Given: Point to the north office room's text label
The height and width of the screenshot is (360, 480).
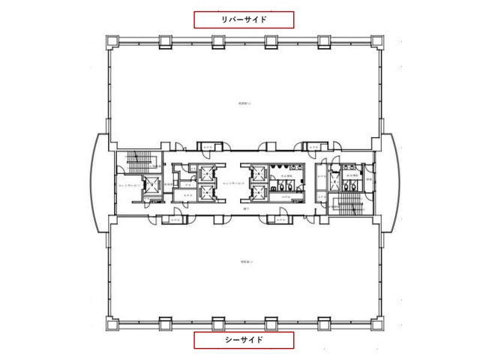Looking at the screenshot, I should [244, 103].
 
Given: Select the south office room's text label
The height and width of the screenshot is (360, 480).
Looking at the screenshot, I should [244, 262].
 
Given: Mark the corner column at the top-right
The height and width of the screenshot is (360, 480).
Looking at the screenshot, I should [378, 40].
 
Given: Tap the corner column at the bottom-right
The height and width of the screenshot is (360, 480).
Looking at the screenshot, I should [378, 325].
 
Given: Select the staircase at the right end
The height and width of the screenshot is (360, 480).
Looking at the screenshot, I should [348, 202].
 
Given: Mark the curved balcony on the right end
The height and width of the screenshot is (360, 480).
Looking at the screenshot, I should [391, 181].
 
